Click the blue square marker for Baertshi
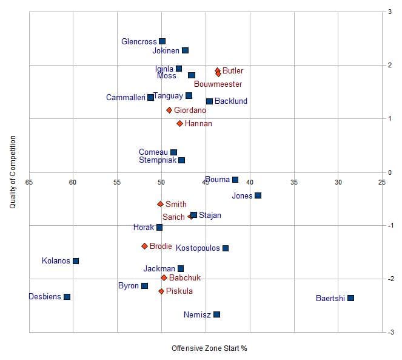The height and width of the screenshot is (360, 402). pyautogui.click(x=350, y=298)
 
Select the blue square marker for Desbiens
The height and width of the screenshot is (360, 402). pyautogui.click(x=67, y=297)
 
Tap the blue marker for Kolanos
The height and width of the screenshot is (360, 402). pyautogui.click(x=76, y=261)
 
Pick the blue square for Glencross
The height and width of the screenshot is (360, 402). pyautogui.click(x=162, y=41)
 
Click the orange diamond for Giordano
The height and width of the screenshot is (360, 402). pyautogui.click(x=169, y=110)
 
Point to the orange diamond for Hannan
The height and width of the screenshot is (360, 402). pyautogui.click(x=179, y=124)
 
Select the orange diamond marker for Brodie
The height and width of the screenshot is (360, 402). pyautogui.click(x=144, y=246)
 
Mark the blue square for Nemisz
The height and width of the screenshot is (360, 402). pyautogui.click(x=216, y=314)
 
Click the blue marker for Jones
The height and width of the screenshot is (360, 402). pyautogui.click(x=258, y=195)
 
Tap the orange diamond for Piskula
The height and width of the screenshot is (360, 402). pyautogui.click(x=161, y=291)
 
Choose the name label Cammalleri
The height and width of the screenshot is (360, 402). pyautogui.click(x=126, y=98)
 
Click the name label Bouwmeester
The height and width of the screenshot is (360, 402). pyautogui.click(x=218, y=84)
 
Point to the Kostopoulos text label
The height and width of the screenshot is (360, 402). pyautogui.click(x=198, y=248)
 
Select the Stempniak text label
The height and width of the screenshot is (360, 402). pyautogui.click(x=157, y=160)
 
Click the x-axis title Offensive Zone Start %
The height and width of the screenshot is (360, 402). pyautogui.click(x=209, y=348)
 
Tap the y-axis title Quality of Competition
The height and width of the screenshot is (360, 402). pyautogui.click(x=13, y=172)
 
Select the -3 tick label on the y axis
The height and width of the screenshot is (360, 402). pyautogui.click(x=389, y=332)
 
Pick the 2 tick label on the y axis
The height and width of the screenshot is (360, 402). pyautogui.click(x=390, y=65)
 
